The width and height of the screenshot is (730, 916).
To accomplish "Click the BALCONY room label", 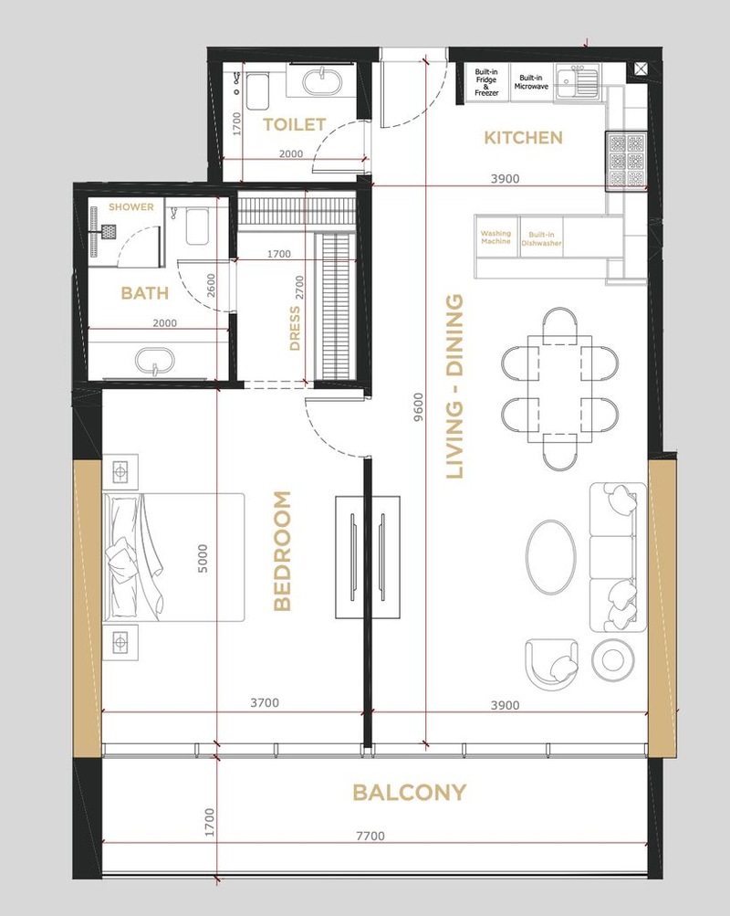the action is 410,793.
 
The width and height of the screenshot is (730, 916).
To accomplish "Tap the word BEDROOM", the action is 283,551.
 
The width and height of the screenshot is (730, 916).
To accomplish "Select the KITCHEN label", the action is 524,138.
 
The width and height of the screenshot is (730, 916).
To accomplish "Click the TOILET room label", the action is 294,124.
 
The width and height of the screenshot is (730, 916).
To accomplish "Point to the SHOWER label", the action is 131,206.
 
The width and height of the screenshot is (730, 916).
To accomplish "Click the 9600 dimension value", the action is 419,407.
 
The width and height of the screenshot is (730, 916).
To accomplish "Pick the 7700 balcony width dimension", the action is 370,836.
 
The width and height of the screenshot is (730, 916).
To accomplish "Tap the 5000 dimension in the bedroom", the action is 203,559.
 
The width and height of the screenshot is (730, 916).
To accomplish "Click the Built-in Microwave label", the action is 531,82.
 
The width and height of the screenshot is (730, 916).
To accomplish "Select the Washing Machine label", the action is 495,237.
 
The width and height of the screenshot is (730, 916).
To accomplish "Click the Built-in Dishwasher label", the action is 541,239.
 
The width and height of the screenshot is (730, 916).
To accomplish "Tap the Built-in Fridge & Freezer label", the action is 486,82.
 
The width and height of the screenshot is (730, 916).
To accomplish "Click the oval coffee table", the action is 551,555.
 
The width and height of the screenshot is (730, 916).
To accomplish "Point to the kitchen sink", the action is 577,82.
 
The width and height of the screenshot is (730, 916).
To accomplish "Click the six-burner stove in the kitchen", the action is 627,161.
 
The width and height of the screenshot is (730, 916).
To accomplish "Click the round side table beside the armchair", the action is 611,660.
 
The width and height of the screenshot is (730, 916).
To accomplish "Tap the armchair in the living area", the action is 552,664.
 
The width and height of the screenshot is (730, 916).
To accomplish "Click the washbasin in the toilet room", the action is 320,81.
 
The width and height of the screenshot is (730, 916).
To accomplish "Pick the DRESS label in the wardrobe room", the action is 295,328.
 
